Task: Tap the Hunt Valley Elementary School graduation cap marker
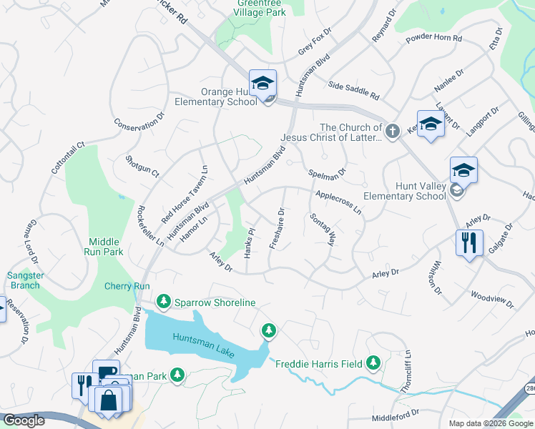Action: (463, 170)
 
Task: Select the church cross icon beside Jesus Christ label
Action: (392, 131)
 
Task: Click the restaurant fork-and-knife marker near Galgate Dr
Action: (470, 242)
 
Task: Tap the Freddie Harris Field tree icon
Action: (373, 363)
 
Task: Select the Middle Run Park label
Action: (105, 247)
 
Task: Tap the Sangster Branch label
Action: (24, 280)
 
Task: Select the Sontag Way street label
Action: (323, 229)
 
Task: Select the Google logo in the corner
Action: (24, 420)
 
